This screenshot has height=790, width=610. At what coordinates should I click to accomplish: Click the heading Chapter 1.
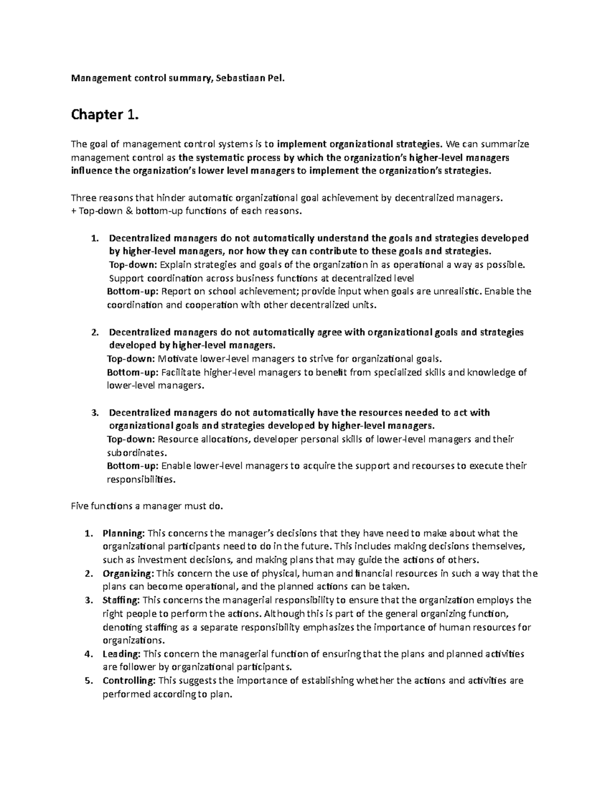(104, 115)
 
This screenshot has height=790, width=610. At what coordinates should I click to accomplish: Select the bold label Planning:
(124, 534)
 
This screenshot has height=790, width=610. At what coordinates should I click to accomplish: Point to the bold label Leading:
(121, 654)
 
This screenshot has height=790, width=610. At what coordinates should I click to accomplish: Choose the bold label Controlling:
(130, 681)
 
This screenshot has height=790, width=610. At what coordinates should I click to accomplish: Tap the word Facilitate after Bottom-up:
(181, 372)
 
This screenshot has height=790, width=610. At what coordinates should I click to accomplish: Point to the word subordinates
(135, 453)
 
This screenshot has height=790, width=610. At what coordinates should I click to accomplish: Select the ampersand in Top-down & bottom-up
(115, 211)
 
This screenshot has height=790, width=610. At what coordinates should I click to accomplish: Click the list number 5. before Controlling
(89, 681)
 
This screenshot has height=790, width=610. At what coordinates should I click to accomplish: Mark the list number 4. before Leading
(89, 654)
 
